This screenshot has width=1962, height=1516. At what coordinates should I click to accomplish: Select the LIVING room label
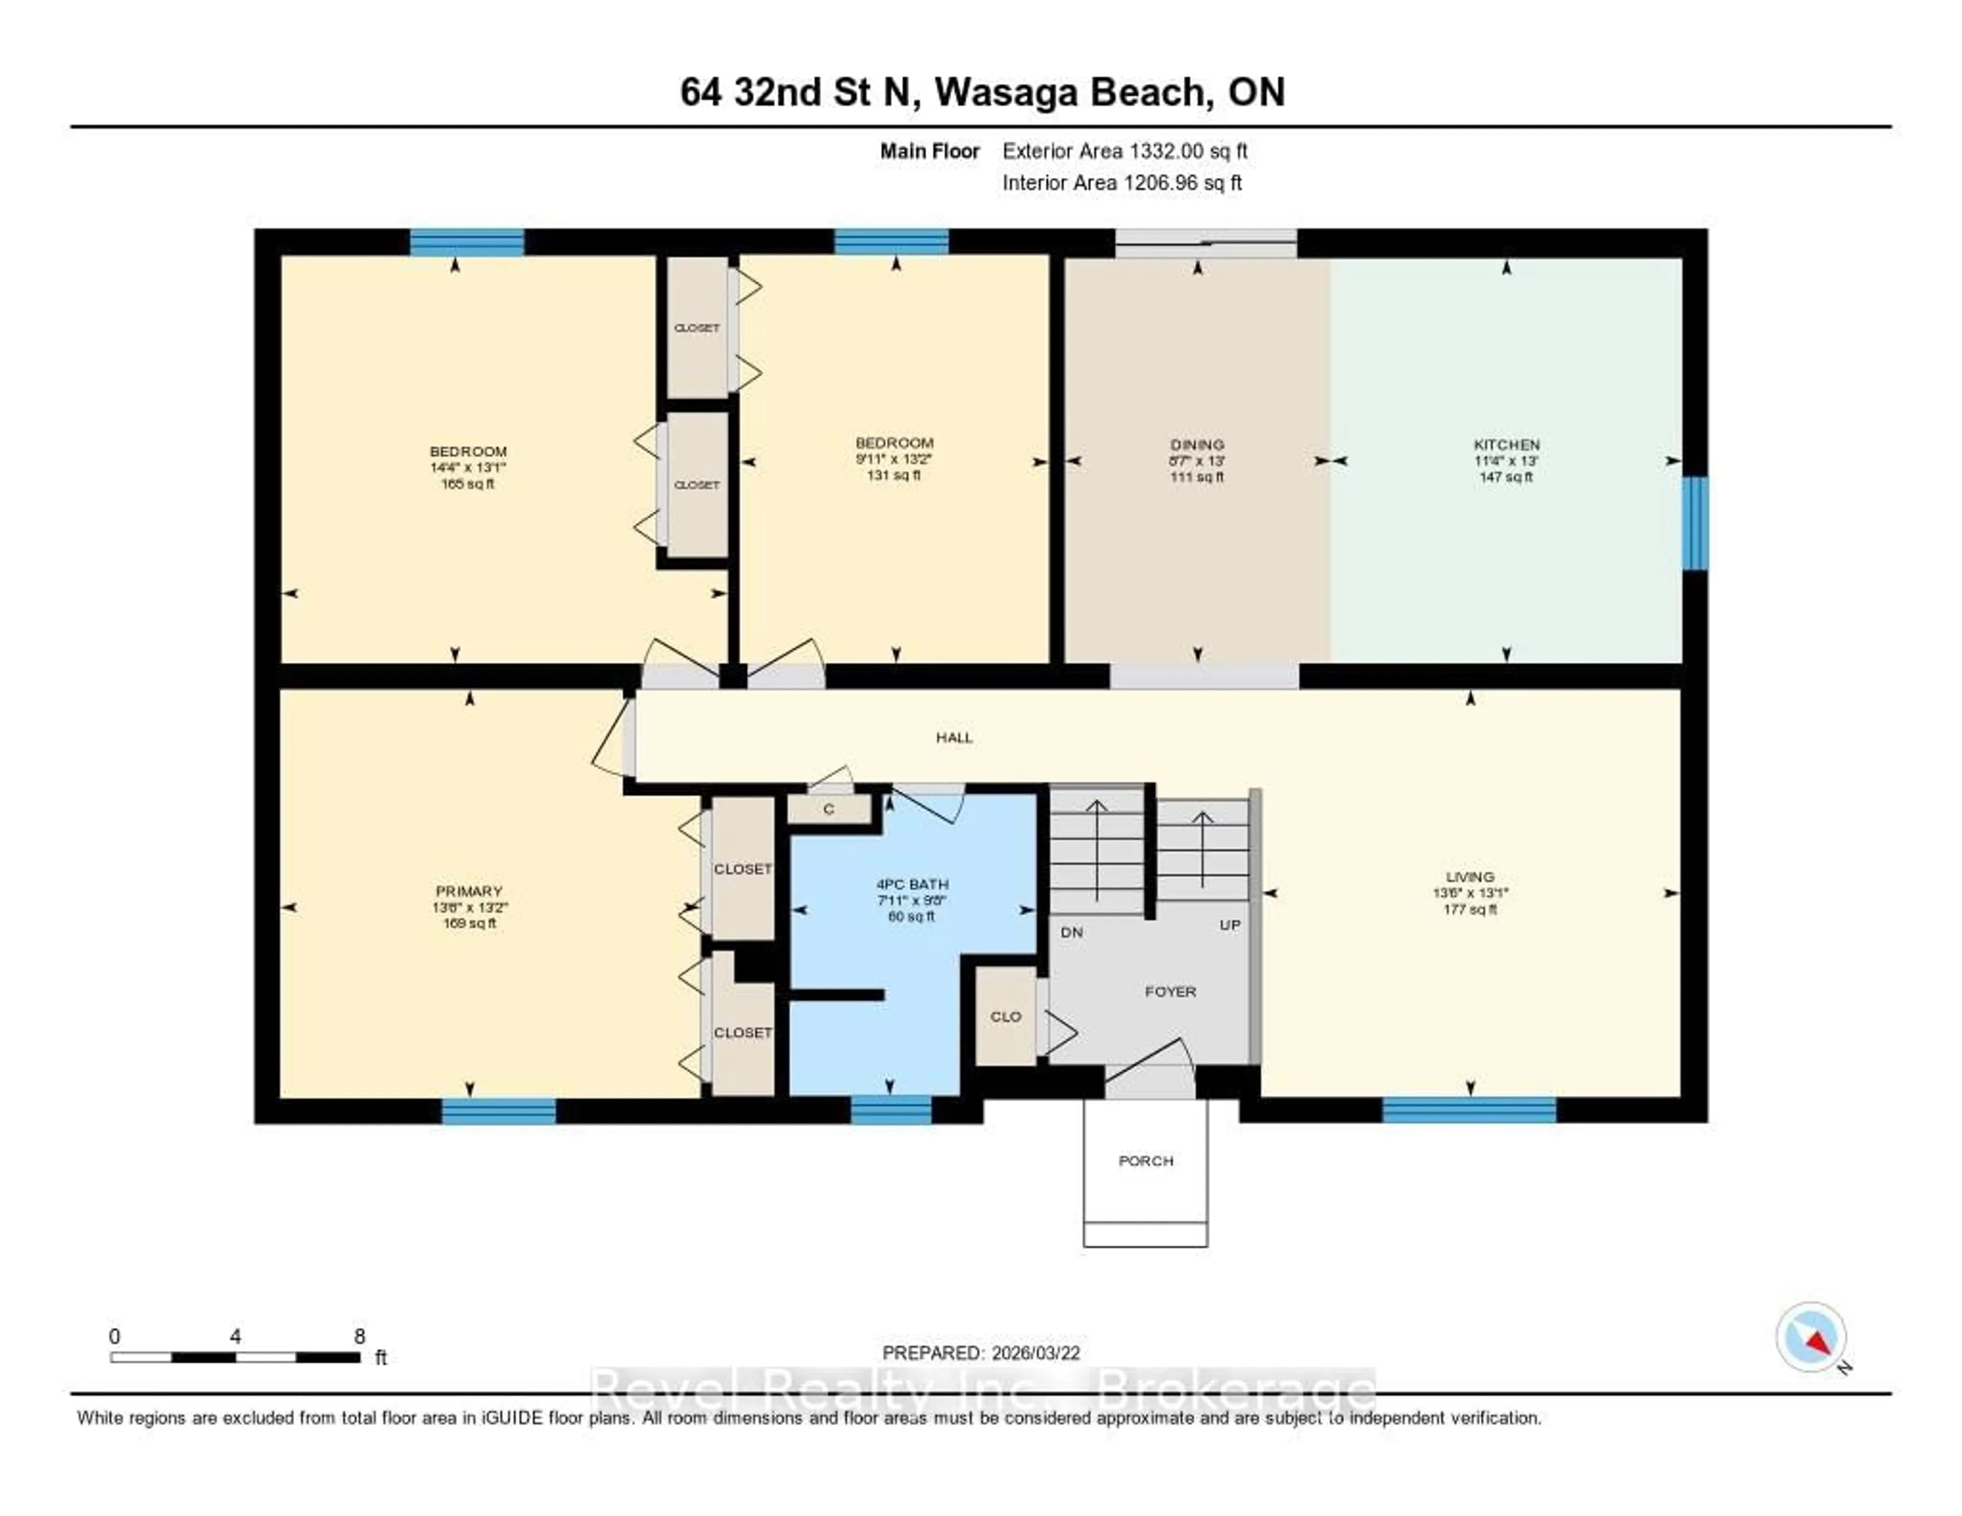point(1469,876)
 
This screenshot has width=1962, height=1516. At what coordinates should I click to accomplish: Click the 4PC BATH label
point(912,883)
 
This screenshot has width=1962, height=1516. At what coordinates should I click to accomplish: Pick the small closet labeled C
point(828,809)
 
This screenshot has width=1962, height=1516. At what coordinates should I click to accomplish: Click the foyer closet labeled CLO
point(1005,1016)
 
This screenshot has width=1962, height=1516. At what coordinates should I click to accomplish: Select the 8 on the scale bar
point(359,1336)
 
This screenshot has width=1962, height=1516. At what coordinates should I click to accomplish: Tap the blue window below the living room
point(1469,1111)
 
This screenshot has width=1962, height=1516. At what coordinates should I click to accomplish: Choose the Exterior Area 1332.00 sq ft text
point(1125,151)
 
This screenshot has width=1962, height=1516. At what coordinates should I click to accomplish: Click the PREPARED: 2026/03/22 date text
point(981,1352)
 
